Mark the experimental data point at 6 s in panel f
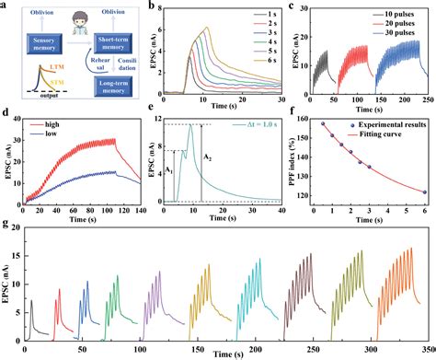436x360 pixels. [424, 192]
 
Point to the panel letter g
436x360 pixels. [6, 224]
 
